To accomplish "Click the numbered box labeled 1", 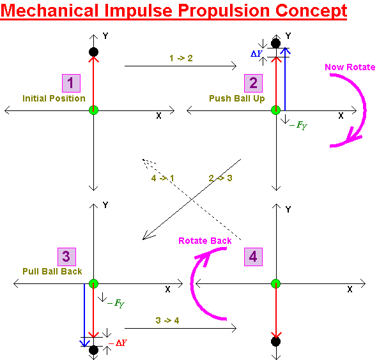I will click(71, 83).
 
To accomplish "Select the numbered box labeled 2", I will click(253, 83).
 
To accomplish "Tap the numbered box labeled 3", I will click(66, 257).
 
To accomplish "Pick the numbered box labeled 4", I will click(254, 257).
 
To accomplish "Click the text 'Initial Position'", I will click(54, 98).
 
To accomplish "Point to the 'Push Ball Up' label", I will click(236, 98).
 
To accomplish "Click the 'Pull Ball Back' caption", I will click(52, 271).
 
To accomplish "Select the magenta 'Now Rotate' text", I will click(350, 67).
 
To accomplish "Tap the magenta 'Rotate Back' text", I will click(205, 241).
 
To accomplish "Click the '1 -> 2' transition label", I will click(181, 58).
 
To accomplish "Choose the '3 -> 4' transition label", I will click(167, 320).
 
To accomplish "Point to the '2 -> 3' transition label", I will click(220, 178).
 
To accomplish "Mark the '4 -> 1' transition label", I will click(163, 178).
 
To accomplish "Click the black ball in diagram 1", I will click(93, 52).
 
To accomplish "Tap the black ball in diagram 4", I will click(276, 341).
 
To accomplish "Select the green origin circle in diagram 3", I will click(93, 283).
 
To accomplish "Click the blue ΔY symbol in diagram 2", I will click(256, 54).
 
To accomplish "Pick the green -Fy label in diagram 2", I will click(298, 126).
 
